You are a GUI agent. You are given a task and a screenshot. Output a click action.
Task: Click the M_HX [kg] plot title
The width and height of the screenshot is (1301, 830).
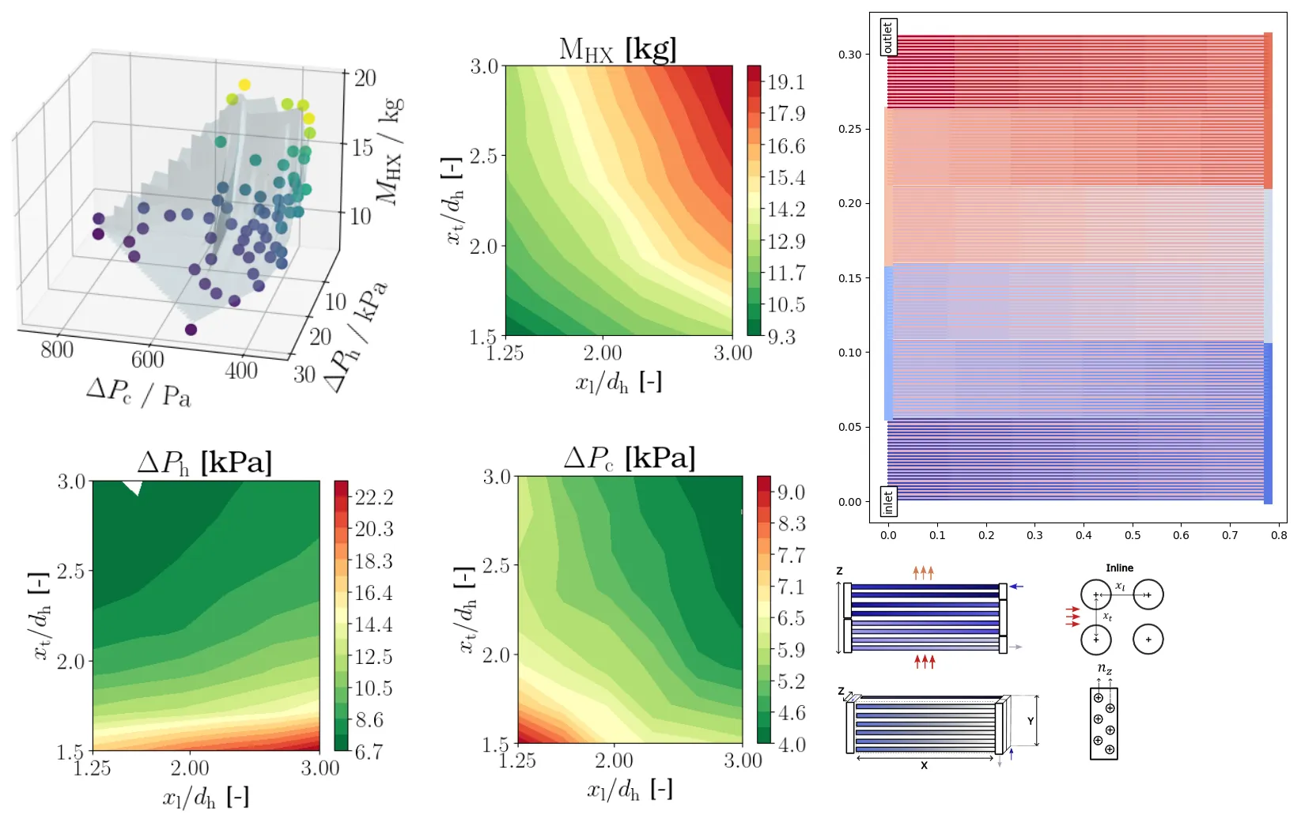pos(618,49)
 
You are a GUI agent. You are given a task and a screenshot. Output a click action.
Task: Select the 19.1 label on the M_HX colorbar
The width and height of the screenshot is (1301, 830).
pos(785,82)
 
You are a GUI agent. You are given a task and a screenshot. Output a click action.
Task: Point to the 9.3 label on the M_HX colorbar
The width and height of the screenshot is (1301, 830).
pos(781,337)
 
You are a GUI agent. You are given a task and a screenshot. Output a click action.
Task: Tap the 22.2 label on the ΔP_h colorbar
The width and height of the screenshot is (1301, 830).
pos(374,497)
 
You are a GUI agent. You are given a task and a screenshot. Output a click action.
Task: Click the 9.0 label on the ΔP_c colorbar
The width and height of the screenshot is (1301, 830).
pos(791,492)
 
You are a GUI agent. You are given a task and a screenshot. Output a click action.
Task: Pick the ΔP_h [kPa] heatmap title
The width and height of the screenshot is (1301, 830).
pos(205,462)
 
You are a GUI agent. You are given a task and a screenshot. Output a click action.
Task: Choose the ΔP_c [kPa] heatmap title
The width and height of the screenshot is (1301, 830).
pos(630,458)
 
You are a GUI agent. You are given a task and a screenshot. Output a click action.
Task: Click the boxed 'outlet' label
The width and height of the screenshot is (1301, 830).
pos(888,37)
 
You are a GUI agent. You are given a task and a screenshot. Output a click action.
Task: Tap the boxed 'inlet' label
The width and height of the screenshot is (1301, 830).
pos(888,502)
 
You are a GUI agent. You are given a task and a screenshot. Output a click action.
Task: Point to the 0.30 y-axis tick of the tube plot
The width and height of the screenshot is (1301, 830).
pos(850,55)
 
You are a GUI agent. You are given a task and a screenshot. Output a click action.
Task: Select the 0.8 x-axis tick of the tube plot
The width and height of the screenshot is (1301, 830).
pos(1279,535)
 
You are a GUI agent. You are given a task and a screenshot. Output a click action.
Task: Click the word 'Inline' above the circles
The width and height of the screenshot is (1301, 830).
pos(1119,568)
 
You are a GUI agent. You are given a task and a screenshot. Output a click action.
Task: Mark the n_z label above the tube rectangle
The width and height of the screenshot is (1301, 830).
pos(1105,670)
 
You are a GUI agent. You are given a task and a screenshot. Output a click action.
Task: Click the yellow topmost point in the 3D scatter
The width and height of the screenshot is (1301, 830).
pos(244,85)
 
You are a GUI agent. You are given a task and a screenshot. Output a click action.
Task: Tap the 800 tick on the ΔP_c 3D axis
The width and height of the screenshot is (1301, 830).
pos(57,349)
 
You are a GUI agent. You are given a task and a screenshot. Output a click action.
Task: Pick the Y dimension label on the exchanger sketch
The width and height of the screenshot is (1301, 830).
pos(1031,721)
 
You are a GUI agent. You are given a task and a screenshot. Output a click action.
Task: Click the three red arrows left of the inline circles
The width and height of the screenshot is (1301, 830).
pos(1072,617)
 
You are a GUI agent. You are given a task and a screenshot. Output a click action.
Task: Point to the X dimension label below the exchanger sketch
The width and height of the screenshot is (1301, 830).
pos(924,765)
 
